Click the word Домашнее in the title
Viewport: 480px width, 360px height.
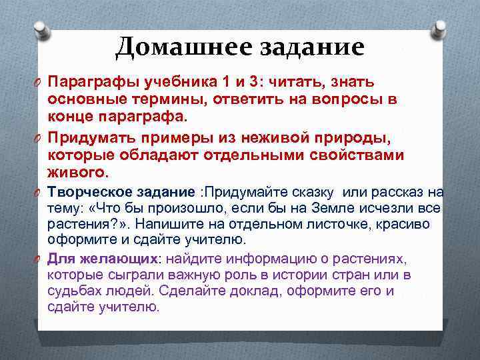(x=172, y=47)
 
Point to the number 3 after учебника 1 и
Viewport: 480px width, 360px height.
(x=252, y=83)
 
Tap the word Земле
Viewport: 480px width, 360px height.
(x=342, y=209)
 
